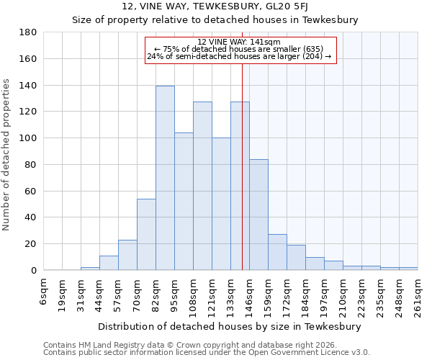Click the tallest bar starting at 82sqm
click(165, 178)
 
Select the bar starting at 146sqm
click(258, 215)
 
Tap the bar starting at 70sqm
click(146, 234)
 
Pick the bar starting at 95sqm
click(184, 201)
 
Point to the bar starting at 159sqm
click(277, 252)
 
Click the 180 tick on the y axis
click(29, 32)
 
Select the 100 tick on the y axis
click(29, 138)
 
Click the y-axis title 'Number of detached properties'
click(6, 151)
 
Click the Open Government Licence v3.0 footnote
click(207, 352)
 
